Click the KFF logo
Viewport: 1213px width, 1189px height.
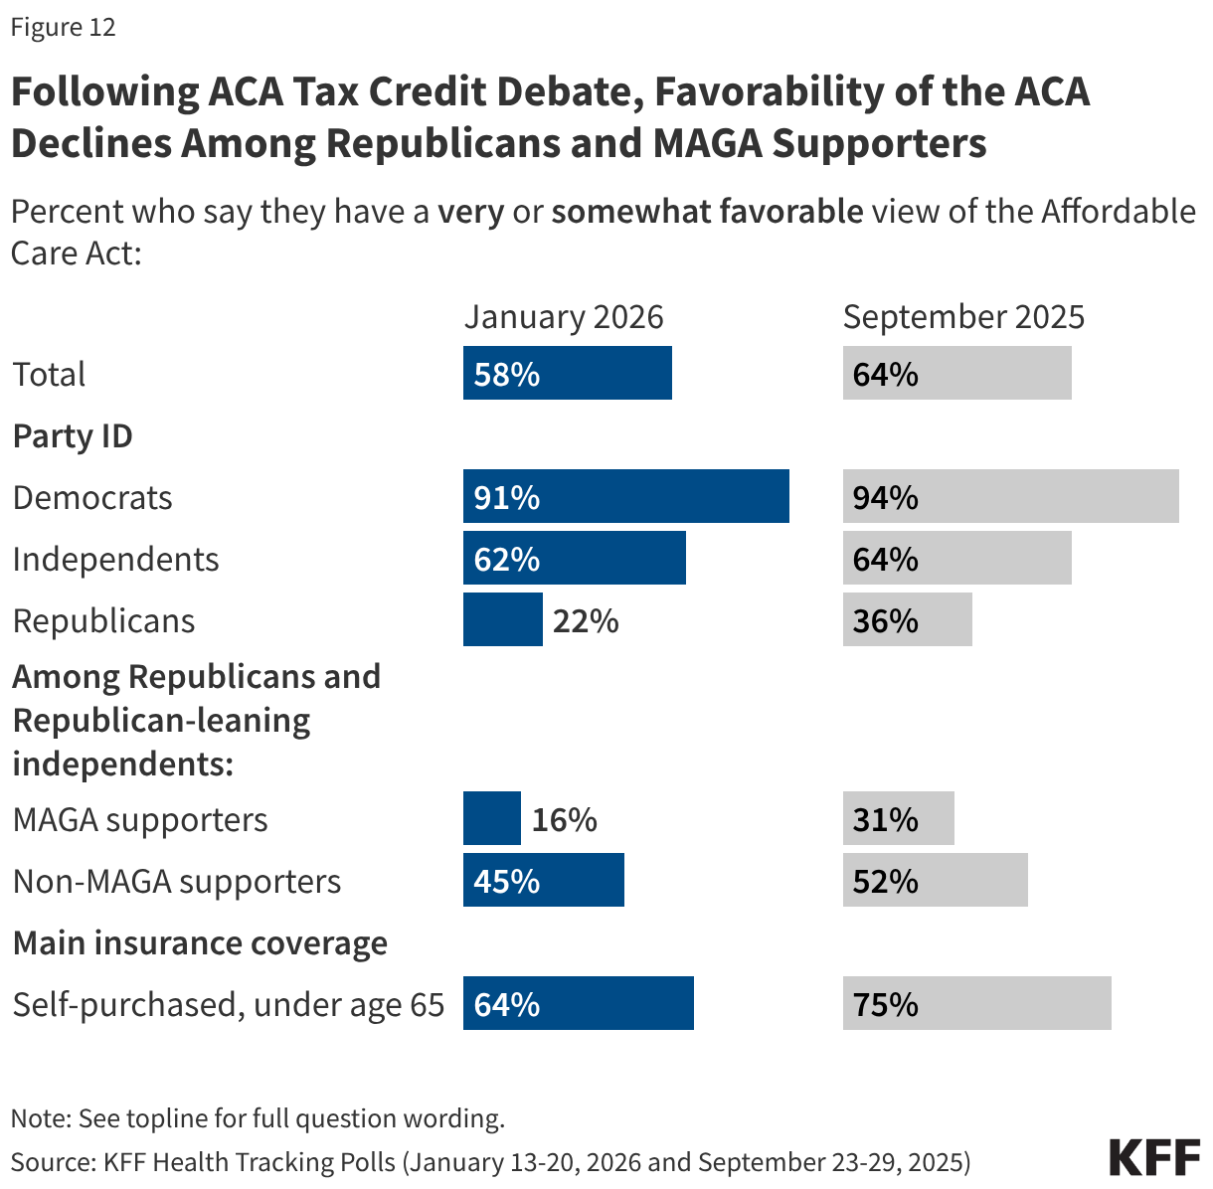coord(1154,1158)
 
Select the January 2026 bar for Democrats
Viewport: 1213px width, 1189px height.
coord(625,496)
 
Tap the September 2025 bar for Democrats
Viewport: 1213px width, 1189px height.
coord(1010,496)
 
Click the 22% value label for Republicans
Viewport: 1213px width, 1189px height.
coord(586,620)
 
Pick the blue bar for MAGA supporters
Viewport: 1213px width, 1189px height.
coord(491,818)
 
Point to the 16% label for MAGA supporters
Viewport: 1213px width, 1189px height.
coord(564,819)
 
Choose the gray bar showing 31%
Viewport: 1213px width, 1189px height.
coord(898,818)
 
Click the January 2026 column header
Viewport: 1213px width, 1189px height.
coord(563,316)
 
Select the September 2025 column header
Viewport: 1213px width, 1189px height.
coord(962,316)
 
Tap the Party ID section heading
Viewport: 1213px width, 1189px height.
coord(73,435)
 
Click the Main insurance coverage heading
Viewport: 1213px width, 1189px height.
coord(200,942)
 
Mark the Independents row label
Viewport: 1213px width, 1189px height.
coord(115,559)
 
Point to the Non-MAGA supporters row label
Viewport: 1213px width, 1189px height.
coord(176,881)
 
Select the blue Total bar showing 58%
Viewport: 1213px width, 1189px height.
coord(567,373)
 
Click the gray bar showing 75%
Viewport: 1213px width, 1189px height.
coord(976,1003)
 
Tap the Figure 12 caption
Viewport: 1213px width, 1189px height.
coord(63,27)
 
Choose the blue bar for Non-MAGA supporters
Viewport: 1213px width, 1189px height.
coord(543,880)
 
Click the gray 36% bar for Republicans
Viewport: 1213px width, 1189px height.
coord(907,619)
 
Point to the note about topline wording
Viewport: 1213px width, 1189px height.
coord(258,1117)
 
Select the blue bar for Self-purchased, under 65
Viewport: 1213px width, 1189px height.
coord(578,1003)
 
